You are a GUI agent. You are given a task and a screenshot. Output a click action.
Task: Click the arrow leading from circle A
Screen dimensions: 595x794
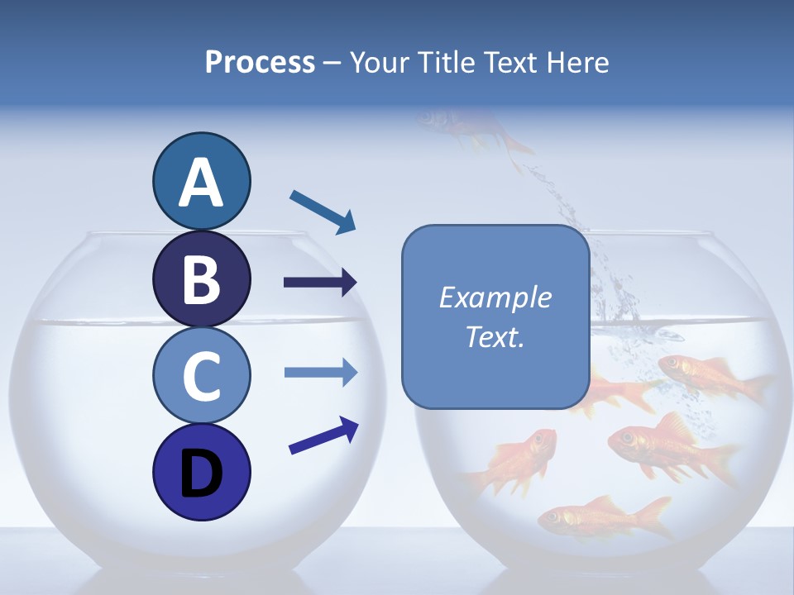323,212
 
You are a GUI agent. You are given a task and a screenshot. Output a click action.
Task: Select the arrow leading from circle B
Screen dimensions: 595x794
320,283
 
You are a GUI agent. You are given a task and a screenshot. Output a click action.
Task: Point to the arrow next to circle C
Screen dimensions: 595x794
320,372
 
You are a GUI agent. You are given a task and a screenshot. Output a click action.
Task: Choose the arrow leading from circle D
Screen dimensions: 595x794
323,436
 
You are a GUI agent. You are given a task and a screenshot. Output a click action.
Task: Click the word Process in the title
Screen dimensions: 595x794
260,62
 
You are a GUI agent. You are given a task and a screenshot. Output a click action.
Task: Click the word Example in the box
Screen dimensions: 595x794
495,297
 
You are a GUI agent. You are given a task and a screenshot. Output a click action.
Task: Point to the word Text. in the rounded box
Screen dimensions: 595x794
495,336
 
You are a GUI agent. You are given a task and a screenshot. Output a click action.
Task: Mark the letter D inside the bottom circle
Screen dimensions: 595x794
201,474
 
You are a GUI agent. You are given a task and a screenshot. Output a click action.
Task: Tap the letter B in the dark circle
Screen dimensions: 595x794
201,280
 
